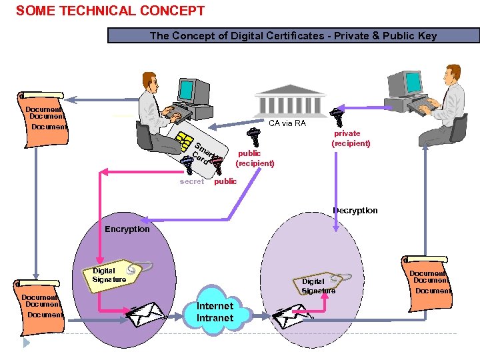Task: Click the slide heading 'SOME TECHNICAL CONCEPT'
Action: click(x=110, y=11)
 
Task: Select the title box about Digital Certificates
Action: click(x=293, y=36)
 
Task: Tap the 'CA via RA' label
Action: click(x=287, y=123)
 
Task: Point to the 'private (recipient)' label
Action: click(x=351, y=139)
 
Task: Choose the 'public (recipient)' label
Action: click(x=255, y=158)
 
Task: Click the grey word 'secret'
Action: click(x=191, y=181)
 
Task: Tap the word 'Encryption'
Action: click(x=127, y=229)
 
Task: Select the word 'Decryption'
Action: click(x=355, y=210)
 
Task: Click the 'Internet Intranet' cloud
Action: click(x=215, y=312)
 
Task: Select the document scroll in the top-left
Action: click(x=44, y=114)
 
